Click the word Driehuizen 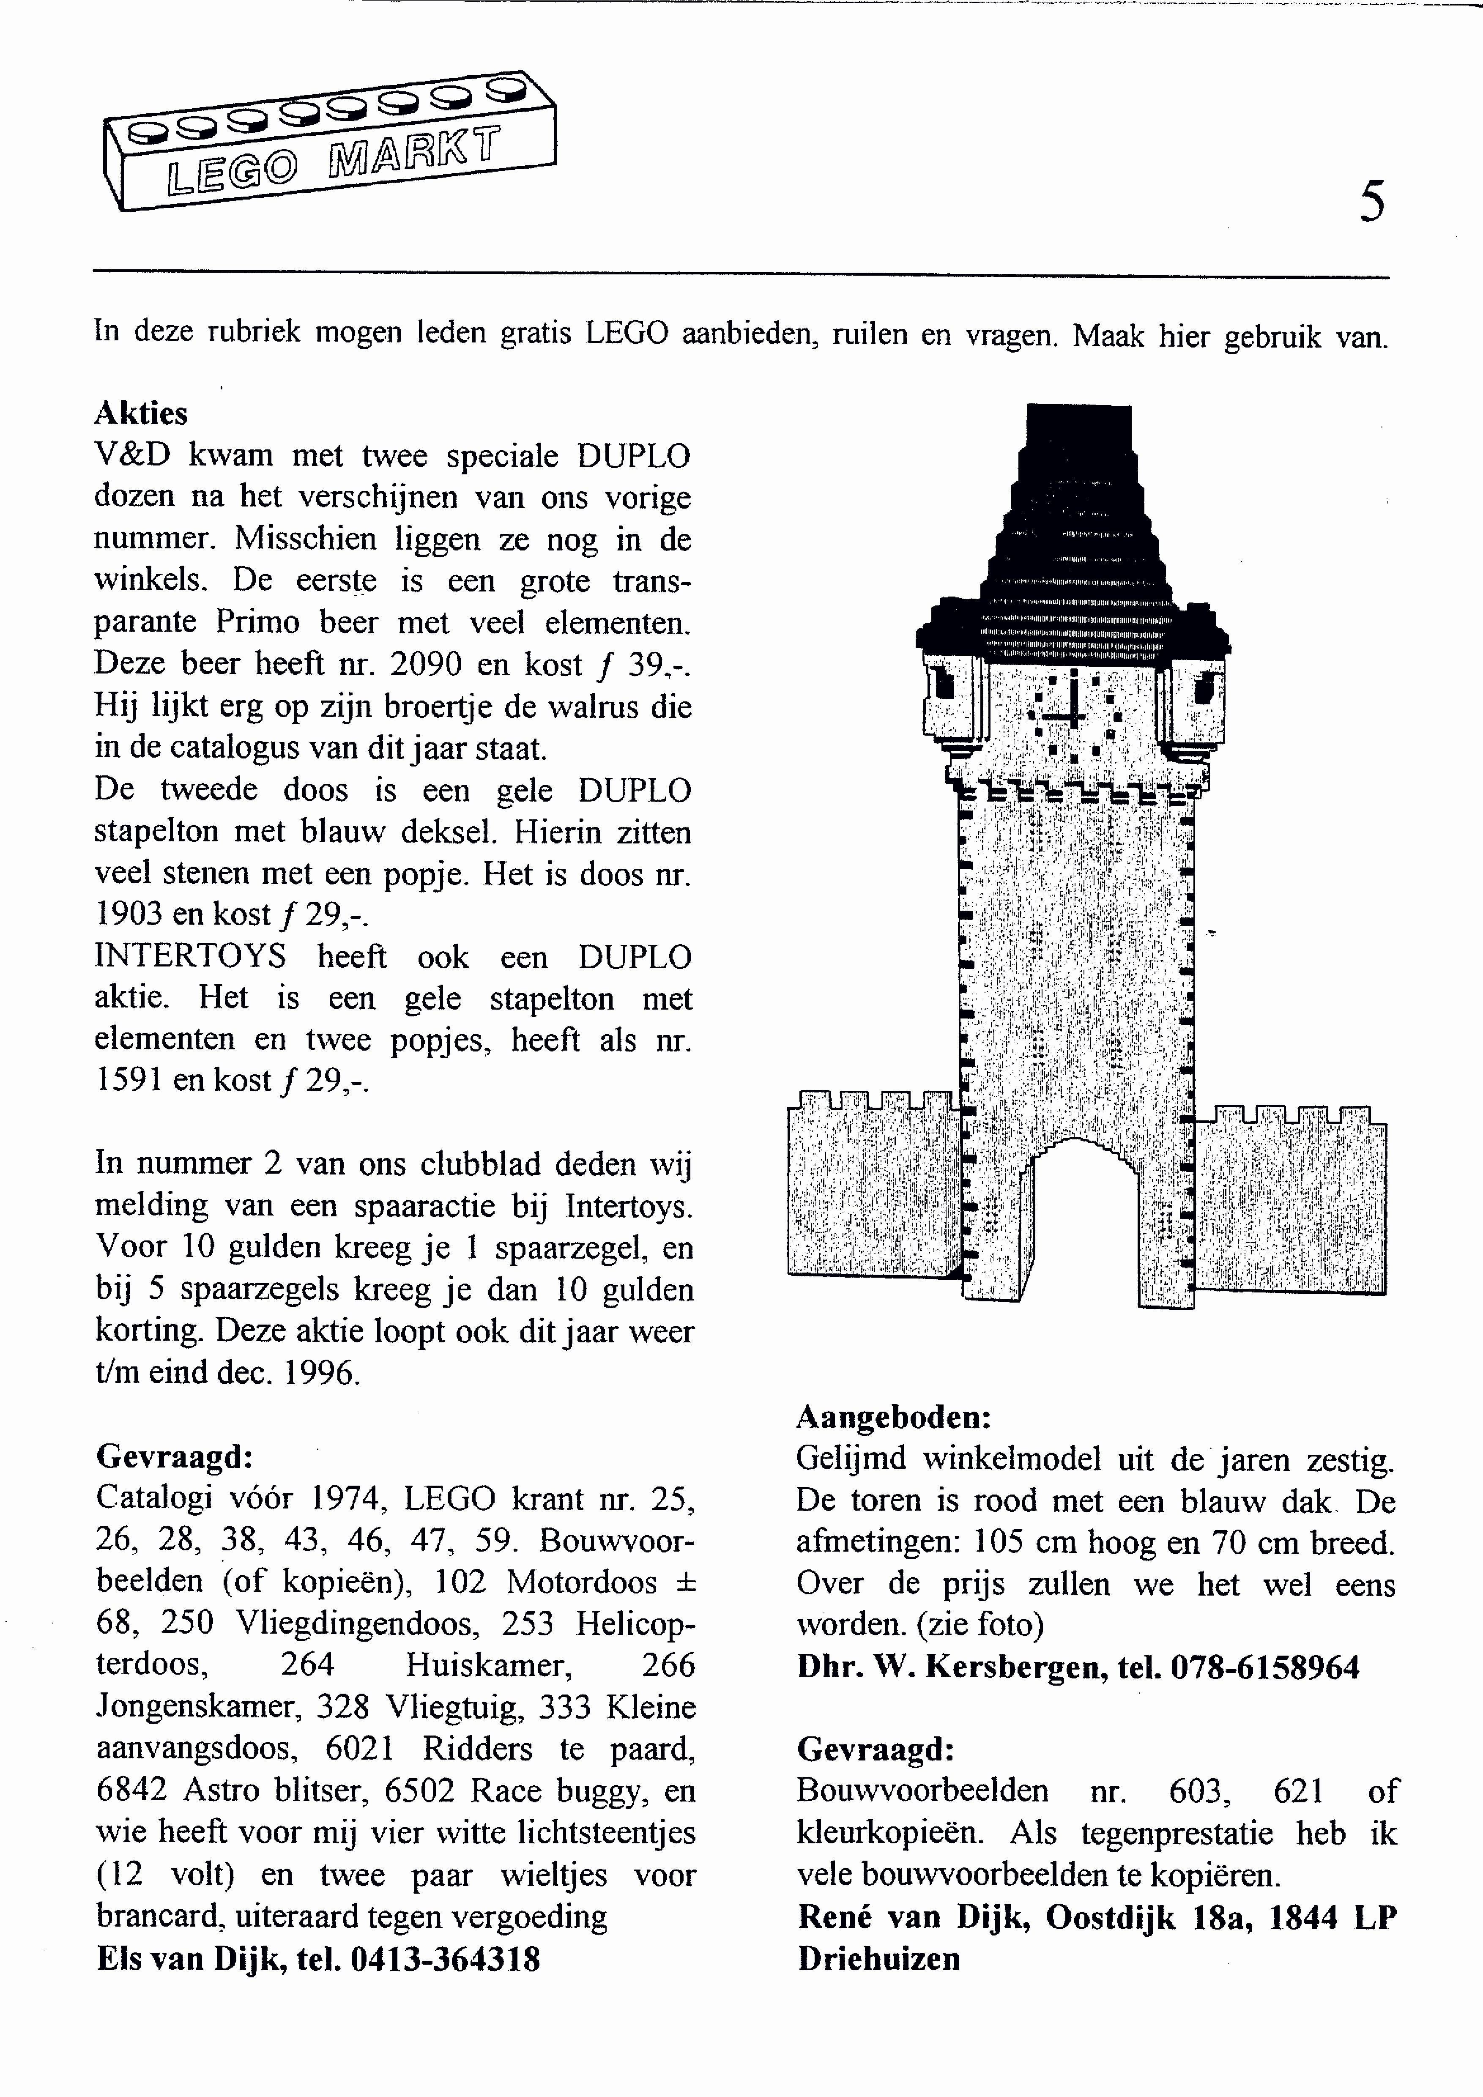coord(878,1958)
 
